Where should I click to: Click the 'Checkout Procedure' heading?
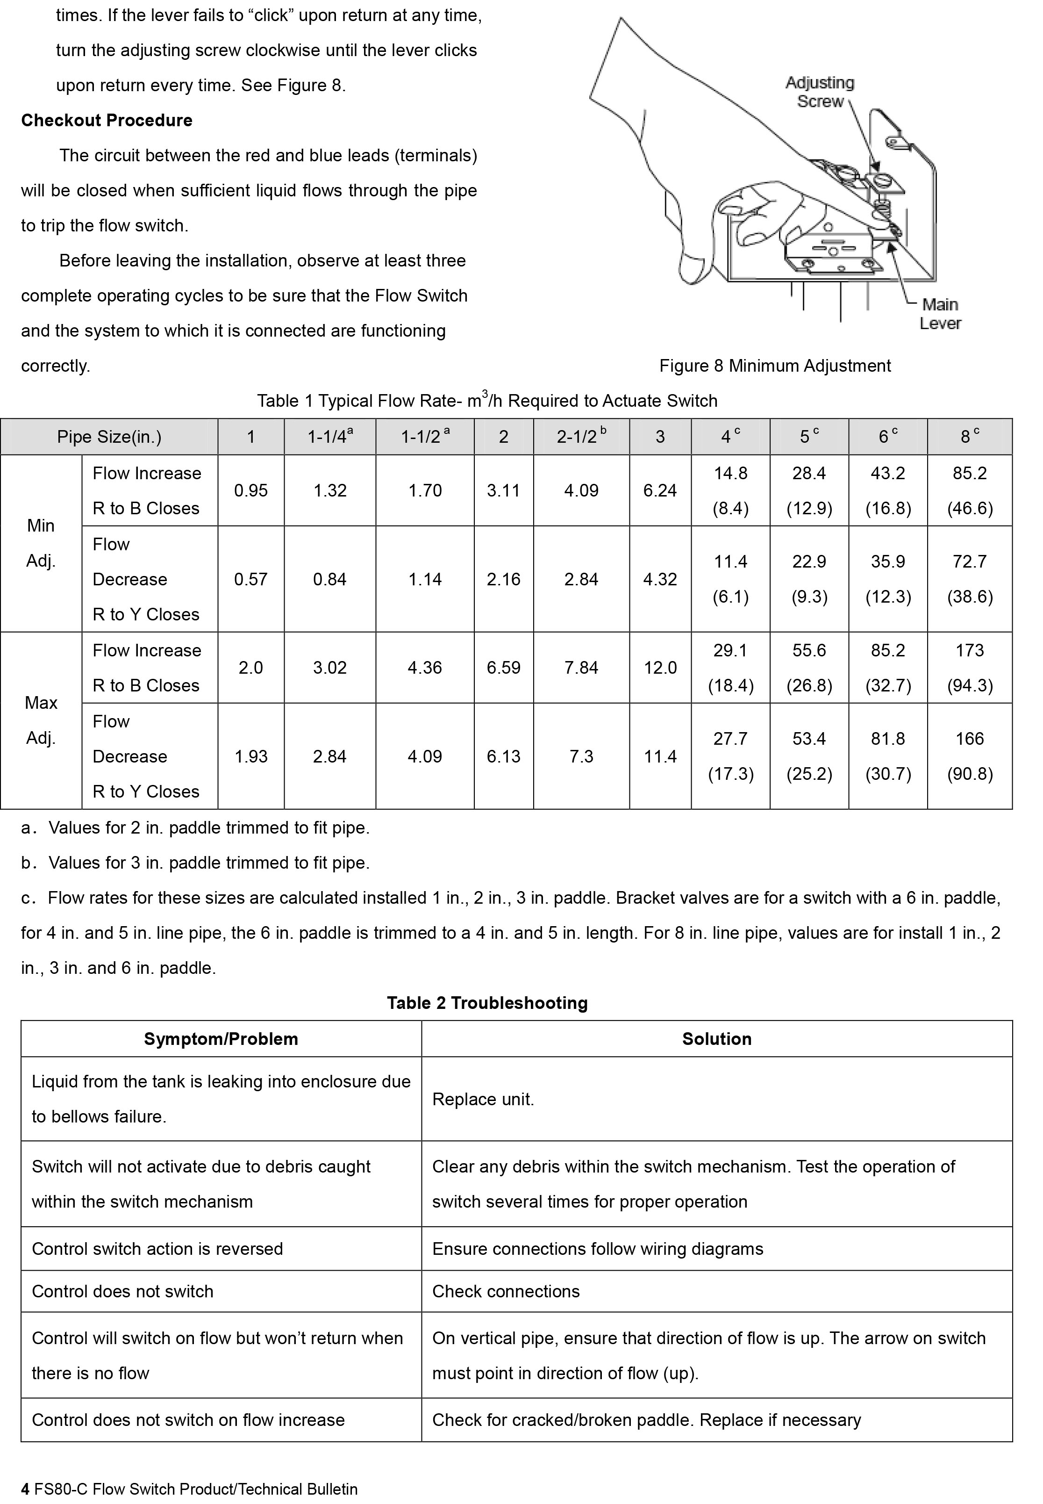click(x=107, y=120)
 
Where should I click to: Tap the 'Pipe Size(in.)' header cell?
click(x=109, y=437)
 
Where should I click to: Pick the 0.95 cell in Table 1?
click(x=251, y=490)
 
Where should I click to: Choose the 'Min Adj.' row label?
click(x=41, y=543)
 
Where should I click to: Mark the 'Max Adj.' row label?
click(x=41, y=720)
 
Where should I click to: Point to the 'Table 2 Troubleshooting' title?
click(x=487, y=1003)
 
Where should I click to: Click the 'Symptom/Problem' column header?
click(x=221, y=1039)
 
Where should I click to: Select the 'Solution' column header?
click(x=716, y=1039)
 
